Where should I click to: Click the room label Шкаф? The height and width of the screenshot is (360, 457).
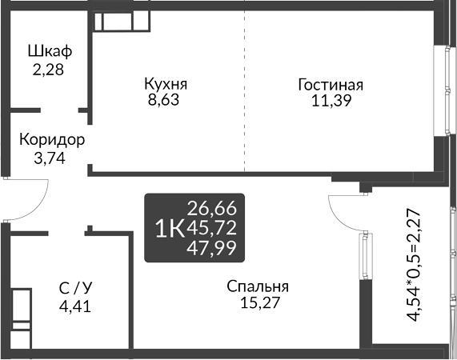(50, 51)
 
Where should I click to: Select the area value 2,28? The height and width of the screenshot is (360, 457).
(48, 70)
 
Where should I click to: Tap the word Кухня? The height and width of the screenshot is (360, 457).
(166, 85)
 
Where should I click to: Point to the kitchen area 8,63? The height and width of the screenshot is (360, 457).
(163, 100)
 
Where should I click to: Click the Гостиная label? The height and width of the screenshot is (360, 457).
(331, 85)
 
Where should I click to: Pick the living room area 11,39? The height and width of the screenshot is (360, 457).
(331, 101)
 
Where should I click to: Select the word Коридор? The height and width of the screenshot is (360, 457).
(52, 140)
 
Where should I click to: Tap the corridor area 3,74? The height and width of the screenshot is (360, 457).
(50, 158)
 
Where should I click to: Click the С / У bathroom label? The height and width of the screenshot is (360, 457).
(75, 289)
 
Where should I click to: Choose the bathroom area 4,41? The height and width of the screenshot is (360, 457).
(75, 306)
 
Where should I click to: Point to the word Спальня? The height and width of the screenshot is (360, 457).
(258, 287)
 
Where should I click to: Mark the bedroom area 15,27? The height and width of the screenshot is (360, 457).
(260, 302)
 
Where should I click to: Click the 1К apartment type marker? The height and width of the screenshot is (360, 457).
(170, 229)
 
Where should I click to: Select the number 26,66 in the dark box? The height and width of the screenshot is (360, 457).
(211, 209)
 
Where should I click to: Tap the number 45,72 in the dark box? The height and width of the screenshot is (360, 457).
(211, 228)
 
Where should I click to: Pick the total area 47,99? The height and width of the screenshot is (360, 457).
(211, 249)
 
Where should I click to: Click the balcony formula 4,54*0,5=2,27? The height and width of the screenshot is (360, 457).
(414, 265)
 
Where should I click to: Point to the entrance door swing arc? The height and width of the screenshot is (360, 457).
(38, 208)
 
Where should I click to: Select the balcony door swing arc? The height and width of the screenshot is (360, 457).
(338, 217)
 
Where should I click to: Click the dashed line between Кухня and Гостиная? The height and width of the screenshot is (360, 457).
(245, 91)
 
